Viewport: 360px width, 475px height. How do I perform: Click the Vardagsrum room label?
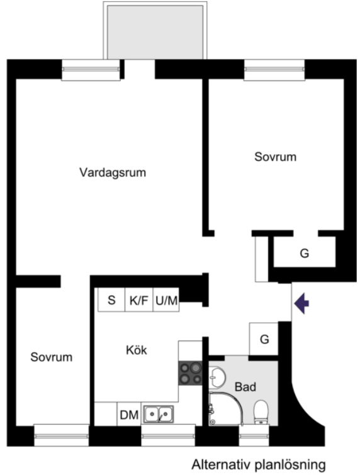pyautogui.click(x=113, y=172)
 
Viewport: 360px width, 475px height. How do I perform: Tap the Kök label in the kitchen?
pyautogui.click(x=137, y=350)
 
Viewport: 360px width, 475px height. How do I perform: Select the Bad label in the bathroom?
pyautogui.click(x=245, y=387)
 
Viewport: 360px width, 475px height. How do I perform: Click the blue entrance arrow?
pyautogui.click(x=301, y=303)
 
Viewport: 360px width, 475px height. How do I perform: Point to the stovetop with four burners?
pyautogui.click(x=190, y=373)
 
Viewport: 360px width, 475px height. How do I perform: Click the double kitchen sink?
pyautogui.click(x=159, y=414)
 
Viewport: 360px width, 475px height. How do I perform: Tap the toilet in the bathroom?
pyautogui.click(x=261, y=412)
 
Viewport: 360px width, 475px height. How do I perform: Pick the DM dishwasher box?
pyautogui.click(x=129, y=414)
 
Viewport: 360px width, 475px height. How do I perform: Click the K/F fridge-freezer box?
pyautogui.click(x=139, y=299)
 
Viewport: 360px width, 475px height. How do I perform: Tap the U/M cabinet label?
pyautogui.click(x=166, y=300)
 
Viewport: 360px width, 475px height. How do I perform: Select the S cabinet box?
pyautogui.click(x=111, y=299)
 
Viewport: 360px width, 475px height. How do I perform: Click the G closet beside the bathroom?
pyautogui.click(x=264, y=338)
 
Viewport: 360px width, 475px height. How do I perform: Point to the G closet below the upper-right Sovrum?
pyautogui.click(x=304, y=252)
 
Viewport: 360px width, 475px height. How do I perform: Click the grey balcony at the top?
pyautogui.click(x=155, y=32)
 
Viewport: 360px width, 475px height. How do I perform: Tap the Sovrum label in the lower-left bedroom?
pyautogui.click(x=52, y=357)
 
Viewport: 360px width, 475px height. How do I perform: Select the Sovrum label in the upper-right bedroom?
pyautogui.click(x=275, y=157)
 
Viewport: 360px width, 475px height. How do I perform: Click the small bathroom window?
pyautogui.click(x=254, y=435)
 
